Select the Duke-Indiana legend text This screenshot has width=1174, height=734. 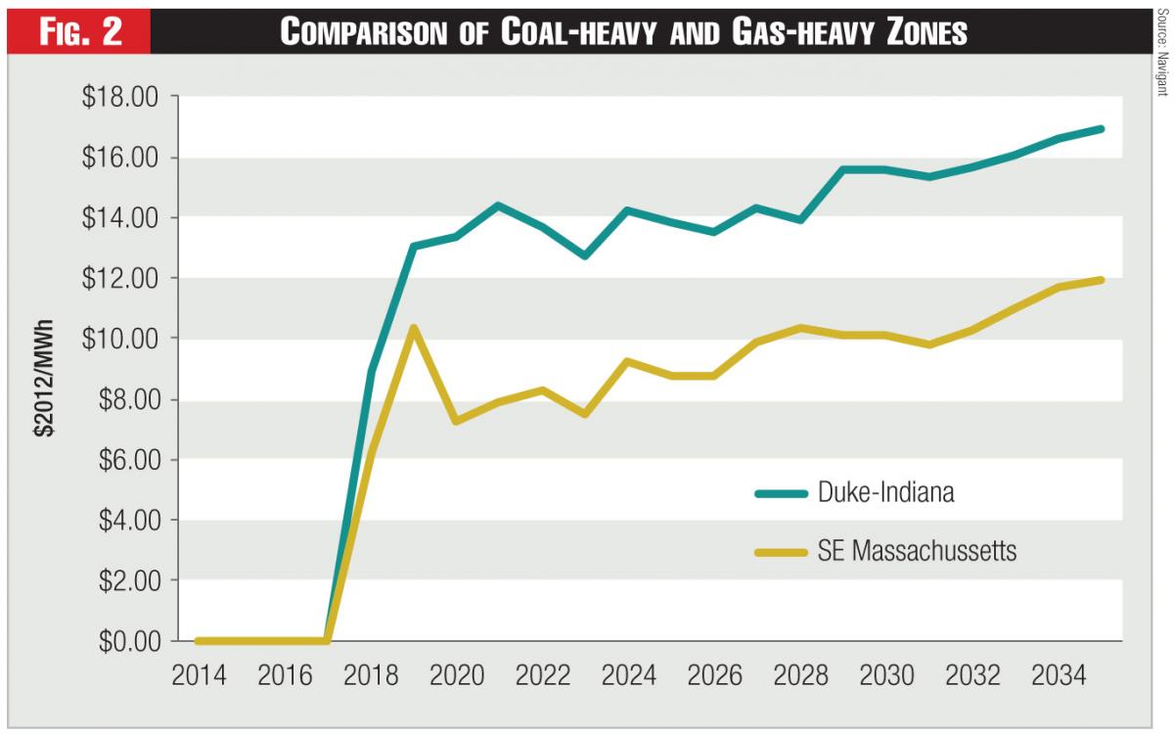[x=885, y=493]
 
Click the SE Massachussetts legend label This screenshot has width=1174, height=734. [x=917, y=552]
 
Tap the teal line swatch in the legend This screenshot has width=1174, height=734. [x=781, y=493]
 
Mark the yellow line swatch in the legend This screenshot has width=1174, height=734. [x=781, y=552]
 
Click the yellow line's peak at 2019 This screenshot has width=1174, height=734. [x=414, y=328]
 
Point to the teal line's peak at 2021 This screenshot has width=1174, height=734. [x=498, y=206]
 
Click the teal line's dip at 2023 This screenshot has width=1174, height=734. [x=584, y=255]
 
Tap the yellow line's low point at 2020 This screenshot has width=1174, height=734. [x=456, y=421]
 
